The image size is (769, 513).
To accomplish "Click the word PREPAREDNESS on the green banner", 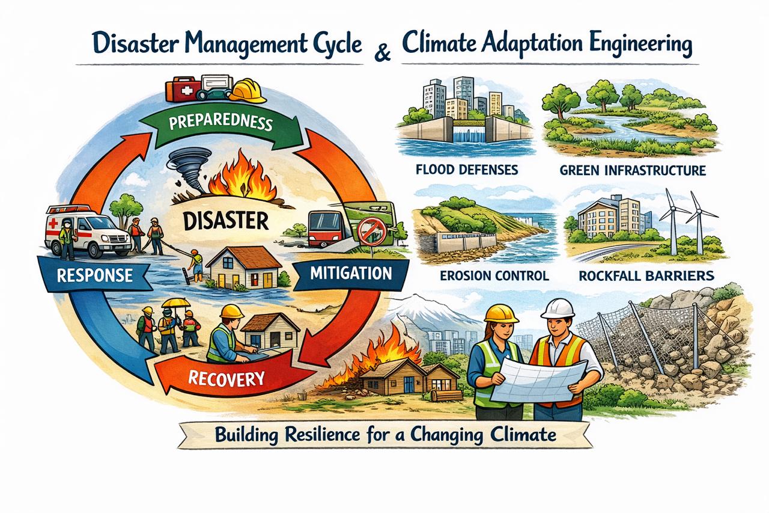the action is coord(220,123).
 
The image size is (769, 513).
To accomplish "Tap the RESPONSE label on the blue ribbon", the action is coord(95,275).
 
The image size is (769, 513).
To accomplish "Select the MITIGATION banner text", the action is coord(351,273).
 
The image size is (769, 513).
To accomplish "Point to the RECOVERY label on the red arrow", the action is coord(226,378).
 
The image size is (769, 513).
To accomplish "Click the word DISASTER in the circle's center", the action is coord(225,220).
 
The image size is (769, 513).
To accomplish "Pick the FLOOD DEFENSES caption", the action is coord(467,170).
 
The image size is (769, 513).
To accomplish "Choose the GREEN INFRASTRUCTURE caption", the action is coord(633,170).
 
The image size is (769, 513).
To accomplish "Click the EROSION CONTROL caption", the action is coord(494,275).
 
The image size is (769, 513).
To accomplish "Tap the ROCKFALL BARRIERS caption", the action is coord(646,275).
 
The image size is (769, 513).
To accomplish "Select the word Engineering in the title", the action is coord(624,45).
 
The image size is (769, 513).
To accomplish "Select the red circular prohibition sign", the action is coord(371,233).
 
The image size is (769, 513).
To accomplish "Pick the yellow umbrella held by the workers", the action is coord(176,303).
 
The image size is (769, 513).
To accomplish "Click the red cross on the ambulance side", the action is coord(53,224).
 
